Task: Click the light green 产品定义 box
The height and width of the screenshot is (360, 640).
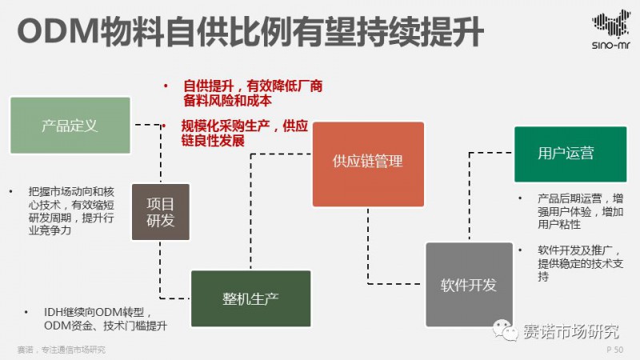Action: point(70,126)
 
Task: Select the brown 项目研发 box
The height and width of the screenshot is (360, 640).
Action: point(160,212)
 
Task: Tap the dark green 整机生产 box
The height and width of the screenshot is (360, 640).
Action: point(250,298)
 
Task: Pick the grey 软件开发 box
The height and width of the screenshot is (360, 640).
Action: point(468,285)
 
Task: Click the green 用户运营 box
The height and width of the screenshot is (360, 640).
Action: point(566,153)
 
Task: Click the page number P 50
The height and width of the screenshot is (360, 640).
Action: point(614,350)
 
